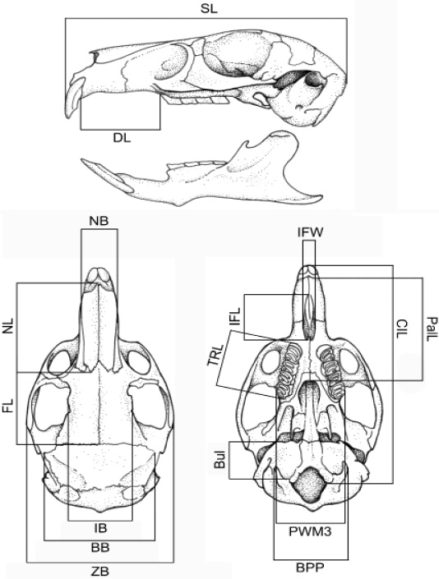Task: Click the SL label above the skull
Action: (x=209, y=9)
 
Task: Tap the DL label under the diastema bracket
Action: (x=122, y=139)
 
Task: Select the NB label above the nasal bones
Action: (x=99, y=221)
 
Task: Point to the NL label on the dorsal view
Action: (x=8, y=326)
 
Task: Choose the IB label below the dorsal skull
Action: (x=100, y=528)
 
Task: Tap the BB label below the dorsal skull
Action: (x=100, y=547)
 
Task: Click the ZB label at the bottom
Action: (x=100, y=572)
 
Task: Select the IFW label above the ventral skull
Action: (x=311, y=232)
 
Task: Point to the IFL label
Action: (x=235, y=317)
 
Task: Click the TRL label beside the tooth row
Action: (x=215, y=356)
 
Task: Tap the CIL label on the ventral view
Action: (x=401, y=327)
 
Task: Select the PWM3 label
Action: (x=311, y=531)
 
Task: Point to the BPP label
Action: (x=311, y=568)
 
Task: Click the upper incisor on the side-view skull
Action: (x=73, y=99)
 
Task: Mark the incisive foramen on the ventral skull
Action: (x=309, y=317)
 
